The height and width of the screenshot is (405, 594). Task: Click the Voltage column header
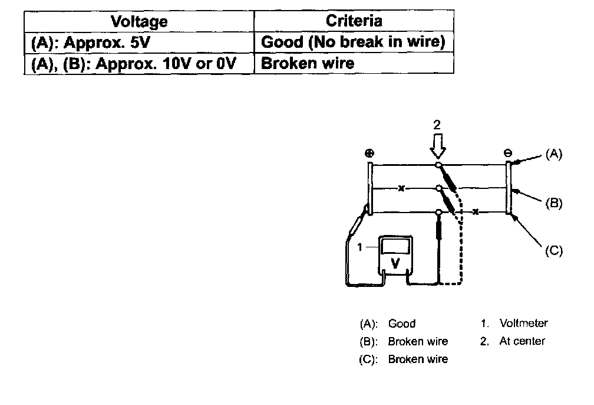tap(139, 21)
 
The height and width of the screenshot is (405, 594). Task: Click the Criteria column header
tap(354, 21)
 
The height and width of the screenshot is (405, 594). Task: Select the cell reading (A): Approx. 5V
tap(139, 42)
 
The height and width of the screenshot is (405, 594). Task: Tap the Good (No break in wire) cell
tap(354, 42)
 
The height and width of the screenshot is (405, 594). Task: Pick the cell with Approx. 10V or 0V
tap(139, 63)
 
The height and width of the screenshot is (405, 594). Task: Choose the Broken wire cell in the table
tap(354, 63)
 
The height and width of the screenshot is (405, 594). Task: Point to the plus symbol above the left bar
tap(369, 153)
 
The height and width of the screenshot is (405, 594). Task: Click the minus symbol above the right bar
tap(507, 153)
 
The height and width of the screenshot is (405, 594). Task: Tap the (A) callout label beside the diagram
tap(554, 153)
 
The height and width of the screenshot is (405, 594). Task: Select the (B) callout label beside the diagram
tap(554, 203)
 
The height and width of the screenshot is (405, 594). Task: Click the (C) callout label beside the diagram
tap(554, 250)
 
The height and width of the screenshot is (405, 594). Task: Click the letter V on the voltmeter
tap(395, 263)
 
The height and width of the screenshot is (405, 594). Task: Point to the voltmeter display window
tap(395, 246)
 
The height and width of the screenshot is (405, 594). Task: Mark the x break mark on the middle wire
tap(401, 188)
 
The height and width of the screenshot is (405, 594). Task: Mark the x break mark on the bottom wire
tap(476, 212)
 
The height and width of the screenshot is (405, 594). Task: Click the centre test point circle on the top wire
tap(438, 165)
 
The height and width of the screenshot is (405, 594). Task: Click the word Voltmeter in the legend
tap(523, 323)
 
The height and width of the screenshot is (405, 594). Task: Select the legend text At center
tap(522, 341)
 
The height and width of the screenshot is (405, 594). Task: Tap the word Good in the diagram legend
tap(402, 324)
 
